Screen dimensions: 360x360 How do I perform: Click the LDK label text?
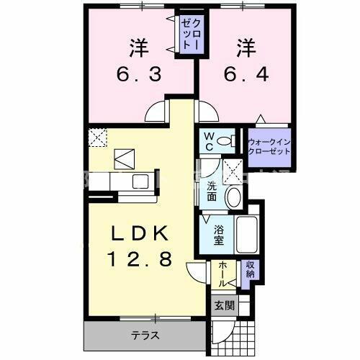[x=141, y=234]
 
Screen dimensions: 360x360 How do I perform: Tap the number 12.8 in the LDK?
[x=141, y=259]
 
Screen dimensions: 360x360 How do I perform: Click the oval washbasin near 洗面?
[x=233, y=197]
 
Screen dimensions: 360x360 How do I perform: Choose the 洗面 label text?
[x=212, y=191]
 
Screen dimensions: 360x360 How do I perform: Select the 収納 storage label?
[x=249, y=271]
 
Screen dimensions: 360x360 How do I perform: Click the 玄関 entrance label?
[x=224, y=305]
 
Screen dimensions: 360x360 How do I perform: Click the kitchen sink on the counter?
[x=139, y=181]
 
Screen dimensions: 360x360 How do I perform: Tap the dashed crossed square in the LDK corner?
[x=96, y=136]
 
